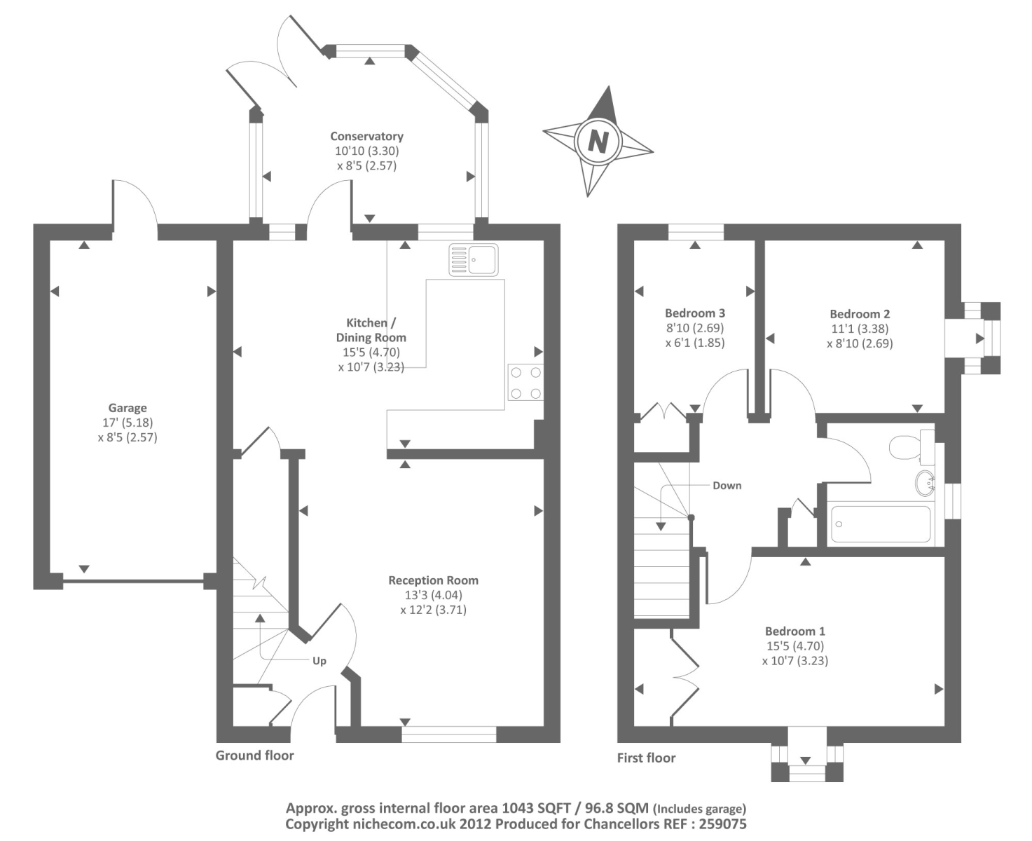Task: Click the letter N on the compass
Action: point(598,142)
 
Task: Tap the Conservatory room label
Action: point(366,136)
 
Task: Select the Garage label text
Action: point(128,408)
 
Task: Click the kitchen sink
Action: point(474,259)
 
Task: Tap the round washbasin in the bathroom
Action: point(925,482)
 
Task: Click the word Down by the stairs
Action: point(727,485)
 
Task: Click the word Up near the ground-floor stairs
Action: point(319,661)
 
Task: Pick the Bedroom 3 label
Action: point(695,313)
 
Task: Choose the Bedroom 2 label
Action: point(860,314)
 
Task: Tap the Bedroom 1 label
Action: point(795,631)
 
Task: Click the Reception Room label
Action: point(434,580)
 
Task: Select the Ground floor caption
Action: point(255,755)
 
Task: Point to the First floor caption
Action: point(646,758)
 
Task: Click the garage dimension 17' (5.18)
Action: point(128,423)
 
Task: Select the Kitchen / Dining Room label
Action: point(371,330)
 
